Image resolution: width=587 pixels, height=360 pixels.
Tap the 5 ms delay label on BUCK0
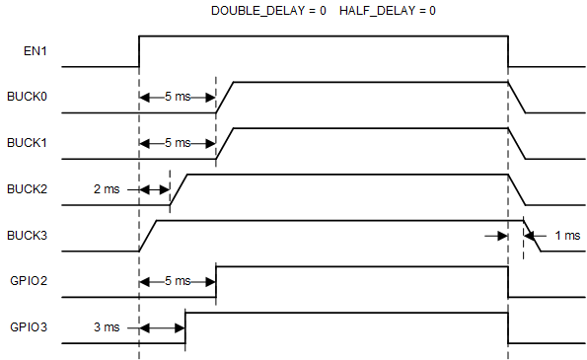[x=178, y=98]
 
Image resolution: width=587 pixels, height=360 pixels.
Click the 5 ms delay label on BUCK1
[x=178, y=143]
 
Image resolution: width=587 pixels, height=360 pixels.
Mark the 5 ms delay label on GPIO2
[x=178, y=281]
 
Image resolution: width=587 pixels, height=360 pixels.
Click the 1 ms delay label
[x=567, y=236]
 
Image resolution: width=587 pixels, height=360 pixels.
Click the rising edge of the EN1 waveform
[x=139, y=51]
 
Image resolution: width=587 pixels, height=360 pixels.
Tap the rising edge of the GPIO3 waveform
[x=185, y=327]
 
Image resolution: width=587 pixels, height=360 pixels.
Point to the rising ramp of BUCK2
[x=178, y=189]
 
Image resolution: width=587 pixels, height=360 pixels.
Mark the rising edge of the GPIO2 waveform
[x=216, y=281]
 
